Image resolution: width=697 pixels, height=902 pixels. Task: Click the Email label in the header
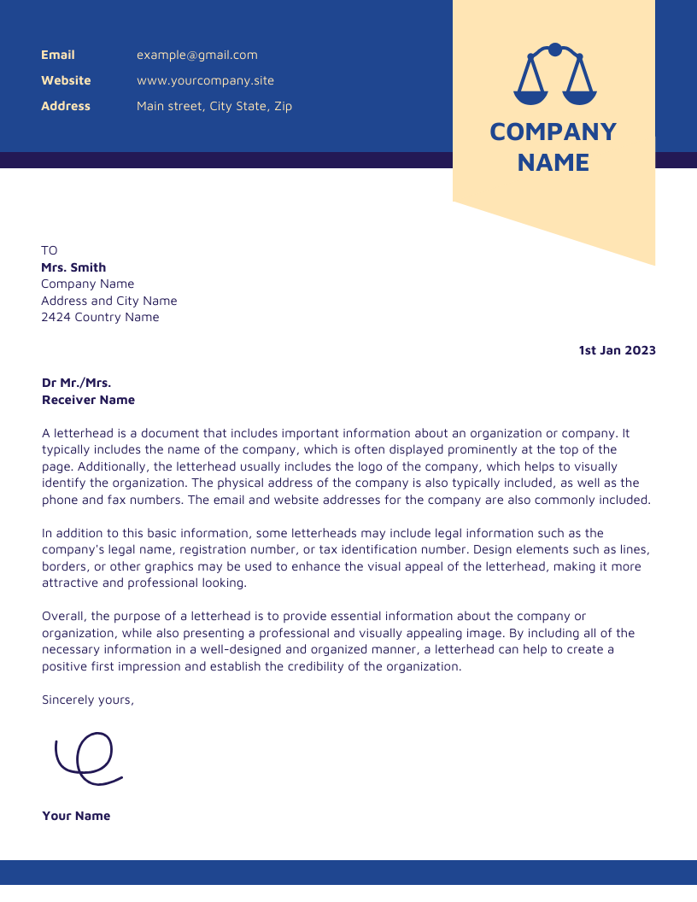(x=58, y=55)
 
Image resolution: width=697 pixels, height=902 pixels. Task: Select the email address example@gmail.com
(x=196, y=55)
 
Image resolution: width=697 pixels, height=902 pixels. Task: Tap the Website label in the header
(x=66, y=80)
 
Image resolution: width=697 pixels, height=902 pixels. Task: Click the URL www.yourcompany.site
(x=205, y=80)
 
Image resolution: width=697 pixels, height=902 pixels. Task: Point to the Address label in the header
(x=66, y=106)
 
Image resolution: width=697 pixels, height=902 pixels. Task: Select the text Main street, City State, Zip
(x=214, y=106)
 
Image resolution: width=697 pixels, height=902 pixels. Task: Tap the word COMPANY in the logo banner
(x=553, y=132)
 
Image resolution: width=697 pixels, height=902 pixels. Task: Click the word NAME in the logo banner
(x=553, y=162)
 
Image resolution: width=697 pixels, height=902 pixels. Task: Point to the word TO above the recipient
(x=50, y=250)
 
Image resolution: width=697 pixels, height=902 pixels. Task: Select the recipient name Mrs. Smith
(x=73, y=267)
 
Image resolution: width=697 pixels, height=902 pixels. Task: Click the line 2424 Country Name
(x=100, y=317)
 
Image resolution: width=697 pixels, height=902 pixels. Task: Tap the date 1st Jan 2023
(x=617, y=350)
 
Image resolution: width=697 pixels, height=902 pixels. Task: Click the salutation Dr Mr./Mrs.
(x=76, y=383)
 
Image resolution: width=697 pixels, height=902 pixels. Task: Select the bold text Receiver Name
(x=88, y=400)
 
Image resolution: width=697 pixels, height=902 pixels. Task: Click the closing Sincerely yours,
(x=88, y=700)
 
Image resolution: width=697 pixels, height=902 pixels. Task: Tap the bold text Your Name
(x=76, y=816)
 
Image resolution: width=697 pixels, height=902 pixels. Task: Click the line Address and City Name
(x=109, y=301)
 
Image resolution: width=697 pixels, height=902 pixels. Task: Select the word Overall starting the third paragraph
(x=64, y=616)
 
